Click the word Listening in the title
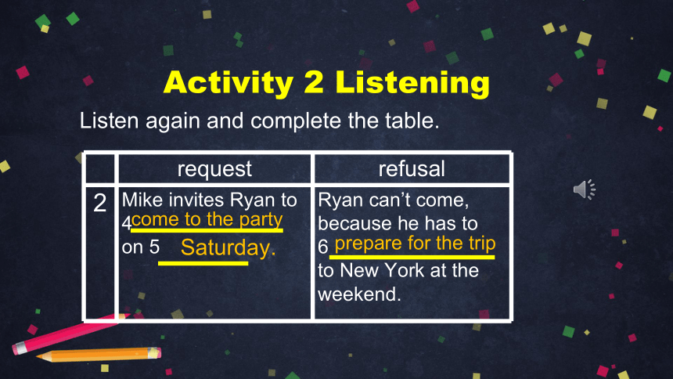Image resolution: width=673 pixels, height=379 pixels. coord(412,83)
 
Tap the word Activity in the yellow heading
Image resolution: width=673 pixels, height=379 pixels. coord(229,83)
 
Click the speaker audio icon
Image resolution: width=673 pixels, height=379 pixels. coord(585,189)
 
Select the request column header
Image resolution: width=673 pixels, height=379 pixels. coord(214,169)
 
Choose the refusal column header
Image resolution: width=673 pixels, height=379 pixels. coord(412,168)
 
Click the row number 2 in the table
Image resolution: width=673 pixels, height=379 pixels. coord(100,202)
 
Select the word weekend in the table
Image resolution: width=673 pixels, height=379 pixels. coord(359,294)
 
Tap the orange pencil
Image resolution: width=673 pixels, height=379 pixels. coord(99,355)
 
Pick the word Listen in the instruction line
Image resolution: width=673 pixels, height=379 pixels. coord(109,121)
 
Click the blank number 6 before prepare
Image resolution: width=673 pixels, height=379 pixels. coord(322,247)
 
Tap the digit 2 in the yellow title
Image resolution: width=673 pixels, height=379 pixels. coord(314,81)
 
